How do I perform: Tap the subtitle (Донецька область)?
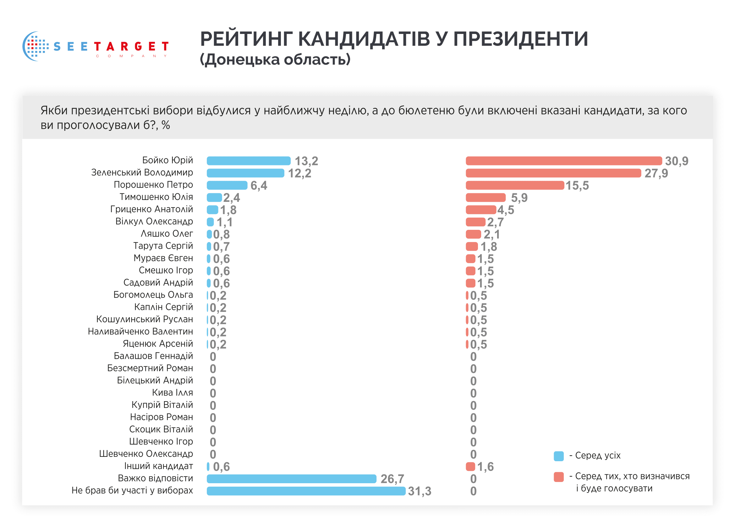(275, 59)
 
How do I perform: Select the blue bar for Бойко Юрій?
(249, 161)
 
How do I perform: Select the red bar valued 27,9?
(553, 173)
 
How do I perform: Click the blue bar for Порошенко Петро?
(227, 185)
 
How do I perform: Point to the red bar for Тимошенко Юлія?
(485, 197)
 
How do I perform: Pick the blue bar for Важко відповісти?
(291, 479)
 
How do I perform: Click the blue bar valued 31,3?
(306, 491)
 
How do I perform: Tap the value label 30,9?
(677, 161)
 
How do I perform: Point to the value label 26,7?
(392, 479)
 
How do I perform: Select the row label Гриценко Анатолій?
(151, 209)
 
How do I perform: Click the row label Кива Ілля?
(172, 393)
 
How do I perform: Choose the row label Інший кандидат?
(158, 466)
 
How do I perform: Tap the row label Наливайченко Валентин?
(140, 331)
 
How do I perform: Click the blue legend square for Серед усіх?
(558, 456)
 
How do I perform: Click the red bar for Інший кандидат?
(470, 467)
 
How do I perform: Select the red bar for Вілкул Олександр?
(475, 222)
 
